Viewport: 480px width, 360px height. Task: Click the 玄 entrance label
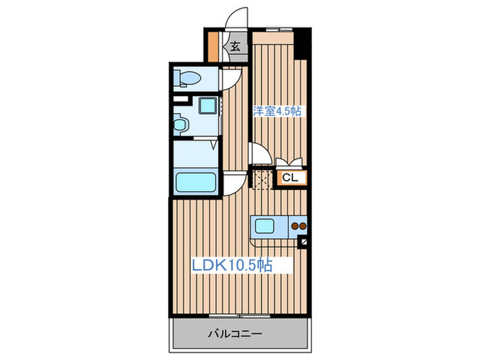pyautogui.click(x=235, y=47)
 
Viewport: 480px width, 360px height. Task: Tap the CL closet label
pyautogui.click(x=290, y=178)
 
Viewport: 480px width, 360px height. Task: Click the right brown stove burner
pyautogui.click(x=302, y=225)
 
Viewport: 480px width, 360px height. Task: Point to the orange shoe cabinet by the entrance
pyautogui.click(x=214, y=45)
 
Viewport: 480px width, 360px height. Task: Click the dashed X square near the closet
pyautogui.click(x=261, y=180)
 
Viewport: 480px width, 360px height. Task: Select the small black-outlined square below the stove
pyautogui.click(x=304, y=241)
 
